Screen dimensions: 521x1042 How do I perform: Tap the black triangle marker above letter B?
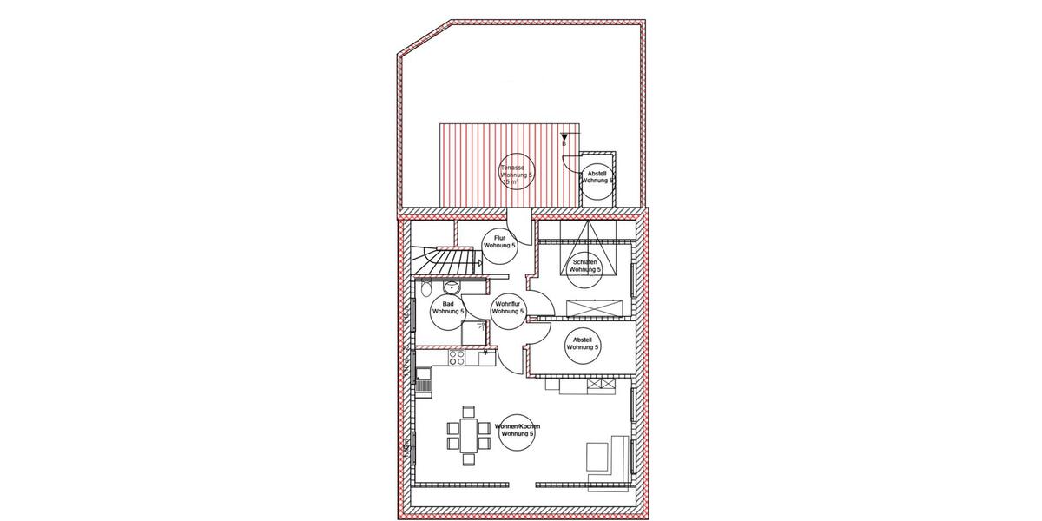(564, 136)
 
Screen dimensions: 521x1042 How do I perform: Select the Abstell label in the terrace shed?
(597, 178)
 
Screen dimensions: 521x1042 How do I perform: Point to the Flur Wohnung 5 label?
(499, 242)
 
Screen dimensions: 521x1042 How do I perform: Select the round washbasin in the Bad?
(449, 288)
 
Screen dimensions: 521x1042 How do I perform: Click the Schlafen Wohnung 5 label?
(585, 265)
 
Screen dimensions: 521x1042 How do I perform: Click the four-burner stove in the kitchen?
(458, 356)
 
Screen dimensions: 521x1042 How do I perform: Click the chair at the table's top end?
(468, 412)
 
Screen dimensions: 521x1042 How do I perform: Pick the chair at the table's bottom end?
(468, 458)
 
